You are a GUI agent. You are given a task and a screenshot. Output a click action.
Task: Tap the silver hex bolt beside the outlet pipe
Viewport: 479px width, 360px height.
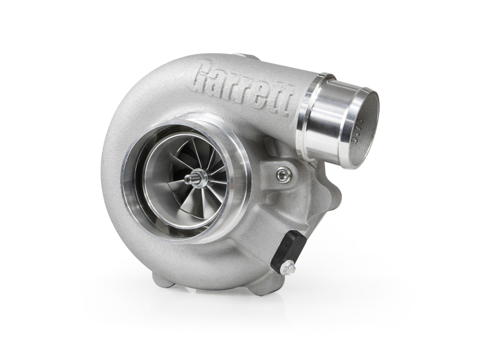tap(284, 174)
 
